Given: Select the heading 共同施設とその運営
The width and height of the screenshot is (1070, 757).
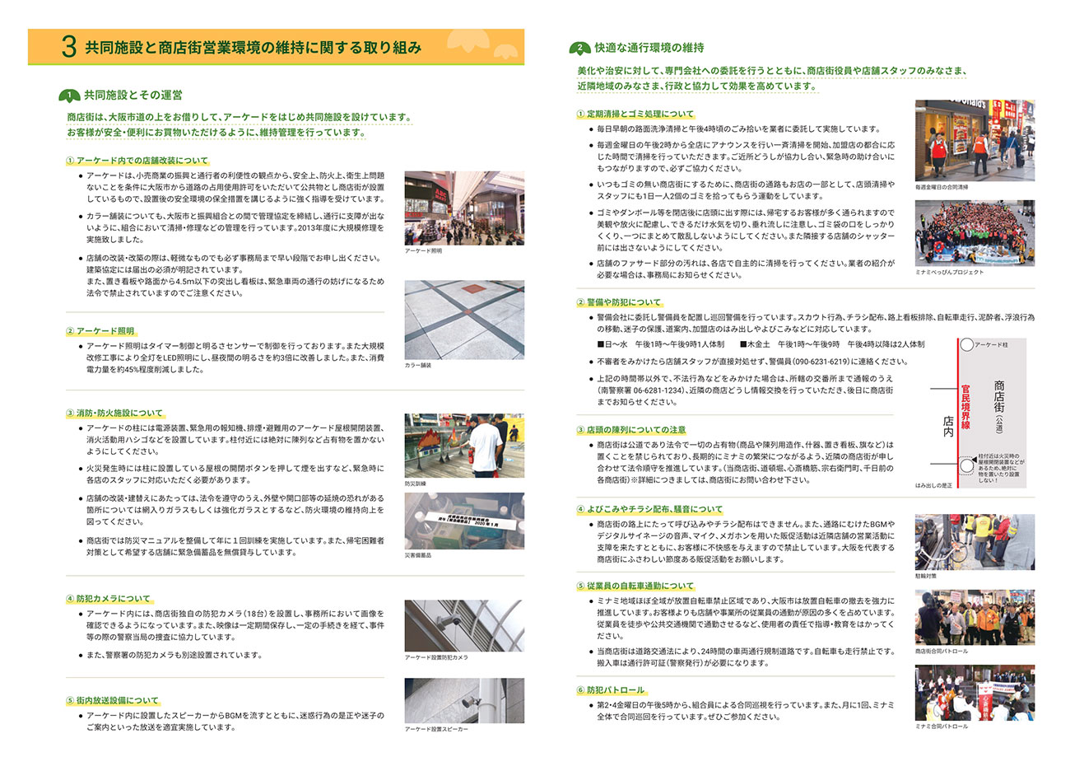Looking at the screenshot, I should (x=132, y=95).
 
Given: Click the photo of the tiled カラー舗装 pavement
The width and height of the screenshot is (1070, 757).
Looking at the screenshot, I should (x=464, y=319).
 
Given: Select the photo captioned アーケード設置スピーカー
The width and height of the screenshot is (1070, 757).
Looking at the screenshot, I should (x=464, y=700).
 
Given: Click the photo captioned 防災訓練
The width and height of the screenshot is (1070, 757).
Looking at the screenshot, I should (x=464, y=444).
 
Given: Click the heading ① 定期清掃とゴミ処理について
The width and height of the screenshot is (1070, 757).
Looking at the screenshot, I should (x=635, y=114).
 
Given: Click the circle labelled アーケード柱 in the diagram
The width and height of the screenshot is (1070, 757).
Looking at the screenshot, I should (x=966, y=346).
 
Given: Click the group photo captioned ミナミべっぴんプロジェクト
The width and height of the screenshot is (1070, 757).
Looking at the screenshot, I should (x=975, y=232).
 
